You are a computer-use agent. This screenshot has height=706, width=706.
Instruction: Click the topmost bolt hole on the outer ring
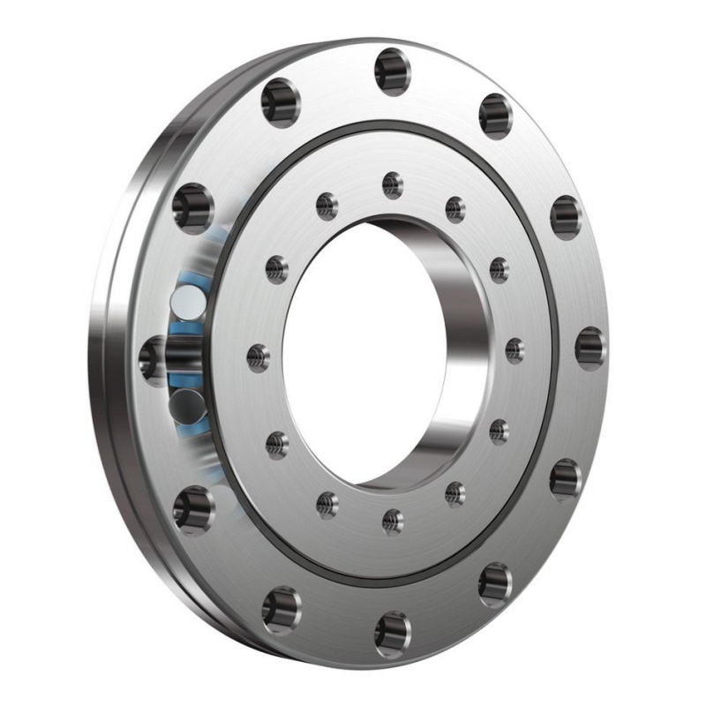(x=392, y=70)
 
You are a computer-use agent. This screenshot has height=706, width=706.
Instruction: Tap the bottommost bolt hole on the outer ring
(x=392, y=632)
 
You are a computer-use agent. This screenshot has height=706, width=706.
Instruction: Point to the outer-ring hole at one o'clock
(x=496, y=115)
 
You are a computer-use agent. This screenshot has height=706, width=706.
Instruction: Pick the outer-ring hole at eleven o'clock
(x=281, y=101)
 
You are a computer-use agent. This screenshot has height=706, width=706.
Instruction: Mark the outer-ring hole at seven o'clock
(x=282, y=608)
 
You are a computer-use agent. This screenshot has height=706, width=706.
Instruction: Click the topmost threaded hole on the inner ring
(x=393, y=184)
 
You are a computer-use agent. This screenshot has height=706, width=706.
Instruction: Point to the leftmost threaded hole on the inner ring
(x=258, y=357)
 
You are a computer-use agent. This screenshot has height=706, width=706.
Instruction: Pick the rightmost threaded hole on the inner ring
(x=514, y=349)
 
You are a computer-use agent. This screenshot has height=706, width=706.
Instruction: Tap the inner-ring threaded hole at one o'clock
(x=455, y=208)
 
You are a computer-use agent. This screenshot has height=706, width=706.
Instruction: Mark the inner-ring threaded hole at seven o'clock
(x=327, y=504)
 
